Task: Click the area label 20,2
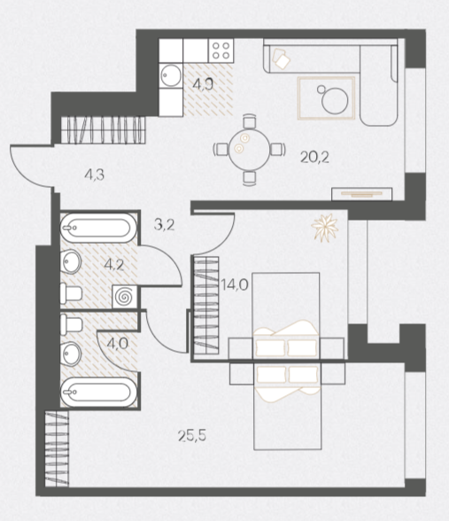314,157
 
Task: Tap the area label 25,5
192,435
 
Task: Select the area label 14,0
235,284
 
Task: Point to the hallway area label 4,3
95,175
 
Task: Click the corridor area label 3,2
165,225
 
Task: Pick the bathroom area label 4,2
114,265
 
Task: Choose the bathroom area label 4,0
118,343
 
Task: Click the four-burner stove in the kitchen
221,51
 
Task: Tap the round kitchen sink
171,75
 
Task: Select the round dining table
250,149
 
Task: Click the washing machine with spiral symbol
126,296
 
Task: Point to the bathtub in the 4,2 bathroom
98,228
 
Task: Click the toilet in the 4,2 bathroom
71,293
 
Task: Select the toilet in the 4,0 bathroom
71,324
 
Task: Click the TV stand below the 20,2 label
362,194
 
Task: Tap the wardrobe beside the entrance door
104,130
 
